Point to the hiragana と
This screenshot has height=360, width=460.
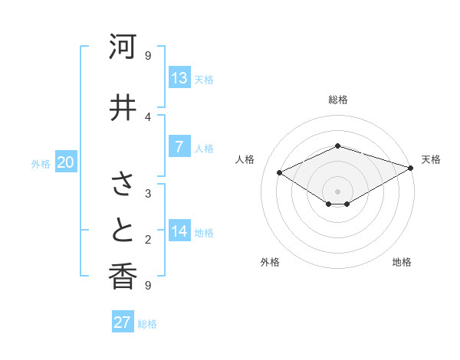[123, 230]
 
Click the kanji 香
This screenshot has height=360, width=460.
[123, 277]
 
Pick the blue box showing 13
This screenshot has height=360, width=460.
[179, 78]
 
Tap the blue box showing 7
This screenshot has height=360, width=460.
[179, 147]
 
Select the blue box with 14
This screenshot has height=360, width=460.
[179, 231]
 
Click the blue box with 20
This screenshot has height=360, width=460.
[66, 162]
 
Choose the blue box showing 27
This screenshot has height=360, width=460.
[123, 322]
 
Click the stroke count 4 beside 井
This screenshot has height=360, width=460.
[148, 116]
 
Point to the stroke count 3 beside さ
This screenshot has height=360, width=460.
[148, 193]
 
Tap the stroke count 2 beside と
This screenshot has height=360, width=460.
[148, 240]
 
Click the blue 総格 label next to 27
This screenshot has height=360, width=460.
[147, 324]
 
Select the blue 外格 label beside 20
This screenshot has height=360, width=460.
[41, 164]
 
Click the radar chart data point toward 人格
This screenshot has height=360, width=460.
[280, 173]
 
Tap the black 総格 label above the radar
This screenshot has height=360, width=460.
[338, 100]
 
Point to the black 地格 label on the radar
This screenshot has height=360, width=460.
[402, 262]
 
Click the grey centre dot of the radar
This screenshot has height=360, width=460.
[338, 191]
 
